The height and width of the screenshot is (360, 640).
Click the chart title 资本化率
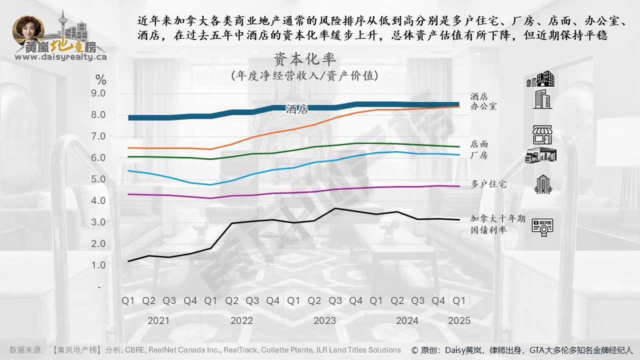304,59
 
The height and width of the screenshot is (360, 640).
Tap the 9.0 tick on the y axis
98,93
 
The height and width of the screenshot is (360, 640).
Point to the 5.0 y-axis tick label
98,179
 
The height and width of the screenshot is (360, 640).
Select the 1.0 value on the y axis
98,265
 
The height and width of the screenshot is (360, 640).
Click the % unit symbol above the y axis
101,79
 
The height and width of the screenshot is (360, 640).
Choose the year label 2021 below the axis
158,320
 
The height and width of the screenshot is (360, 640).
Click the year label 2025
459,320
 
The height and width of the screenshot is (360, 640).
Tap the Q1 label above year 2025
459,301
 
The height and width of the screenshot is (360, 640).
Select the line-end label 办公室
483,106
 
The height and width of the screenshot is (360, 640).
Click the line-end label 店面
479,144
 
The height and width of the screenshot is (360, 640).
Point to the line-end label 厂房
479,155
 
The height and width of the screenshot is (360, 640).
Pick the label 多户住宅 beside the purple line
488,184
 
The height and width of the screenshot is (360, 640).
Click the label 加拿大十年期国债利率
497,224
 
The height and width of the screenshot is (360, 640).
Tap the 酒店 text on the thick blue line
297,109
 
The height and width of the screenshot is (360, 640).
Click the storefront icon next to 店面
541,135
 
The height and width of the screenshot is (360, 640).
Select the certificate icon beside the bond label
542,227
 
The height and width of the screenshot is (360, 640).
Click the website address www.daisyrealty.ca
61,57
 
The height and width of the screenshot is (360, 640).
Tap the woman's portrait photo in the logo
28,31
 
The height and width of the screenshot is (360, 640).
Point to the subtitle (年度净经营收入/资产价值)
304,76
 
